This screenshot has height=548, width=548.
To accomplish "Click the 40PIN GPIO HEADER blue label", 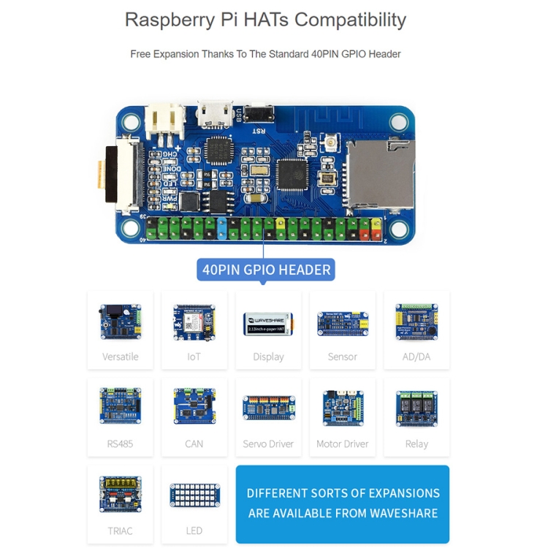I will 266,270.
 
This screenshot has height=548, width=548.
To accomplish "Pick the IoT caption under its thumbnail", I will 194,357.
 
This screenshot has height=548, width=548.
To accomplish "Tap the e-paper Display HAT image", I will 268,323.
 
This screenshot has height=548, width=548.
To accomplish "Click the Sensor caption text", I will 342,357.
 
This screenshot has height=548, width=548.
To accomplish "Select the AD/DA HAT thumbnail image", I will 416,321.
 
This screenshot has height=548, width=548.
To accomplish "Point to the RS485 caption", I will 120,444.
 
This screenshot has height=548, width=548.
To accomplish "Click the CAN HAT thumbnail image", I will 194,406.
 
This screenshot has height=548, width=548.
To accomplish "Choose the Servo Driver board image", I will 268,408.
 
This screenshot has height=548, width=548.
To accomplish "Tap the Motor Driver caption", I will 342,444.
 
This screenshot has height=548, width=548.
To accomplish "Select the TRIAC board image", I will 120,494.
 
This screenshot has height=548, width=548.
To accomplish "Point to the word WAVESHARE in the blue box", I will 402,513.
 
